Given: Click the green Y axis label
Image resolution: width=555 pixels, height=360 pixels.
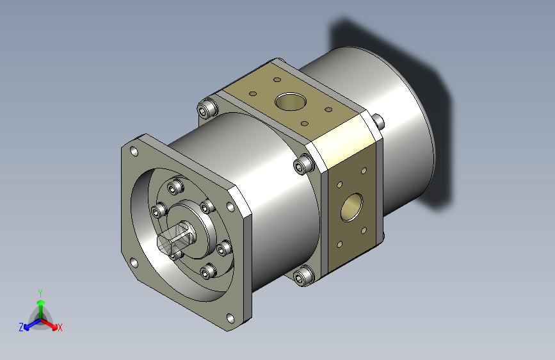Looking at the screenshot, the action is coord(40,293).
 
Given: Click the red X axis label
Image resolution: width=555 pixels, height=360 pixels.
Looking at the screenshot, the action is coord(60,328).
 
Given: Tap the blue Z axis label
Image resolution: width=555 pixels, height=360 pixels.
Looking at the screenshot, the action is coord(21,327).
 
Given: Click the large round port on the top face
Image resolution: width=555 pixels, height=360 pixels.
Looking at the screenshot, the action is coord(291,102).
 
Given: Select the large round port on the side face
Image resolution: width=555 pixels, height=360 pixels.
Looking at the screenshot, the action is coord(351,208).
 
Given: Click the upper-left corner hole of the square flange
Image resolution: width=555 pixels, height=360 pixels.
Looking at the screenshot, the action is coord(134,152).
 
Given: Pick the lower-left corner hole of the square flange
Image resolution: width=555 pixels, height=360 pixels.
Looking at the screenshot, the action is coord(134,263).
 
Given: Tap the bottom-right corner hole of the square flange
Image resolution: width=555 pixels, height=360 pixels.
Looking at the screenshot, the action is coord(230,318).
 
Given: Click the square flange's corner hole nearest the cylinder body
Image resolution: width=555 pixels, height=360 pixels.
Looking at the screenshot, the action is coord(230,207).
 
